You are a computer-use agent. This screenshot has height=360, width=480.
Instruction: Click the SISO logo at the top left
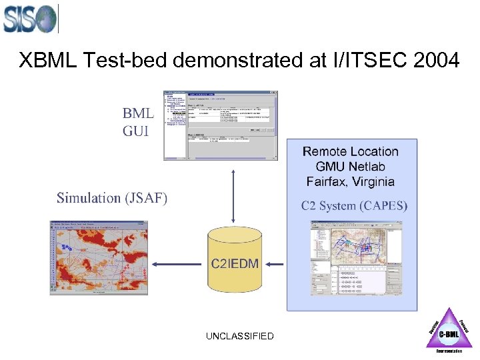[30, 18]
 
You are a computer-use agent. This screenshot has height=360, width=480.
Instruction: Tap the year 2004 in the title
[436, 61]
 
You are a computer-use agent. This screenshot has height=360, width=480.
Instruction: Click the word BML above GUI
[137, 113]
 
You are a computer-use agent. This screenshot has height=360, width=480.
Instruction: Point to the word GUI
[136, 130]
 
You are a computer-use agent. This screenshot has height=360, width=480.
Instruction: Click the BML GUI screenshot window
[221, 125]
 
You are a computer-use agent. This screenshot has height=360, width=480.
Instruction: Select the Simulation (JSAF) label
[112, 198]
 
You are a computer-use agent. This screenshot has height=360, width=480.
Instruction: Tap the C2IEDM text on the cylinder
[235, 264]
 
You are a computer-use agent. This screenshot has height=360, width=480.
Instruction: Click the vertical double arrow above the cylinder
[233, 195]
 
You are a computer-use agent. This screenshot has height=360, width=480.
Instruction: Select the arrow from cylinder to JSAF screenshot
[181, 264]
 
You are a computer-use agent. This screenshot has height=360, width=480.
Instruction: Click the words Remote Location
[351, 152]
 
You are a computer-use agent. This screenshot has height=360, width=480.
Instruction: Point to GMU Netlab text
[351, 167]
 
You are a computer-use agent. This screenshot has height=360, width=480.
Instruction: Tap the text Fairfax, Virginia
[351, 181]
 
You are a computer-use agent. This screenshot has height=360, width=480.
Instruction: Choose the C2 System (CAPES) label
[354, 205]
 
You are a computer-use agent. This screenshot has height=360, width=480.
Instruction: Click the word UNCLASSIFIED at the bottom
[240, 336]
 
